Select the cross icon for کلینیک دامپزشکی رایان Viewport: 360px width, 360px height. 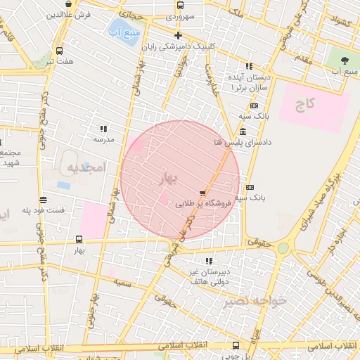(x=178, y=35)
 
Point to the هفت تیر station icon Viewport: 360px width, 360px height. (x=59, y=51)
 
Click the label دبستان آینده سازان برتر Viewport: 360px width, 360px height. (x=245, y=79)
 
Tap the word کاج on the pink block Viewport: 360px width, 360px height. (x=305, y=105)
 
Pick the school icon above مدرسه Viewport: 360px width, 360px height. (x=104, y=129)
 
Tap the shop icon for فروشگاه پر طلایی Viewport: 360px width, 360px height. (x=203, y=192)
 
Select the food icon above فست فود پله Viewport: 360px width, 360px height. (x=44, y=200)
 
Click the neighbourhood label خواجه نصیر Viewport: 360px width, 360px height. (x=255, y=301)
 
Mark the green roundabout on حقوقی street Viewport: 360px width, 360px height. (x=283, y=247)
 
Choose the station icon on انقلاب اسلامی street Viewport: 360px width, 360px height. (x=236, y=345)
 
